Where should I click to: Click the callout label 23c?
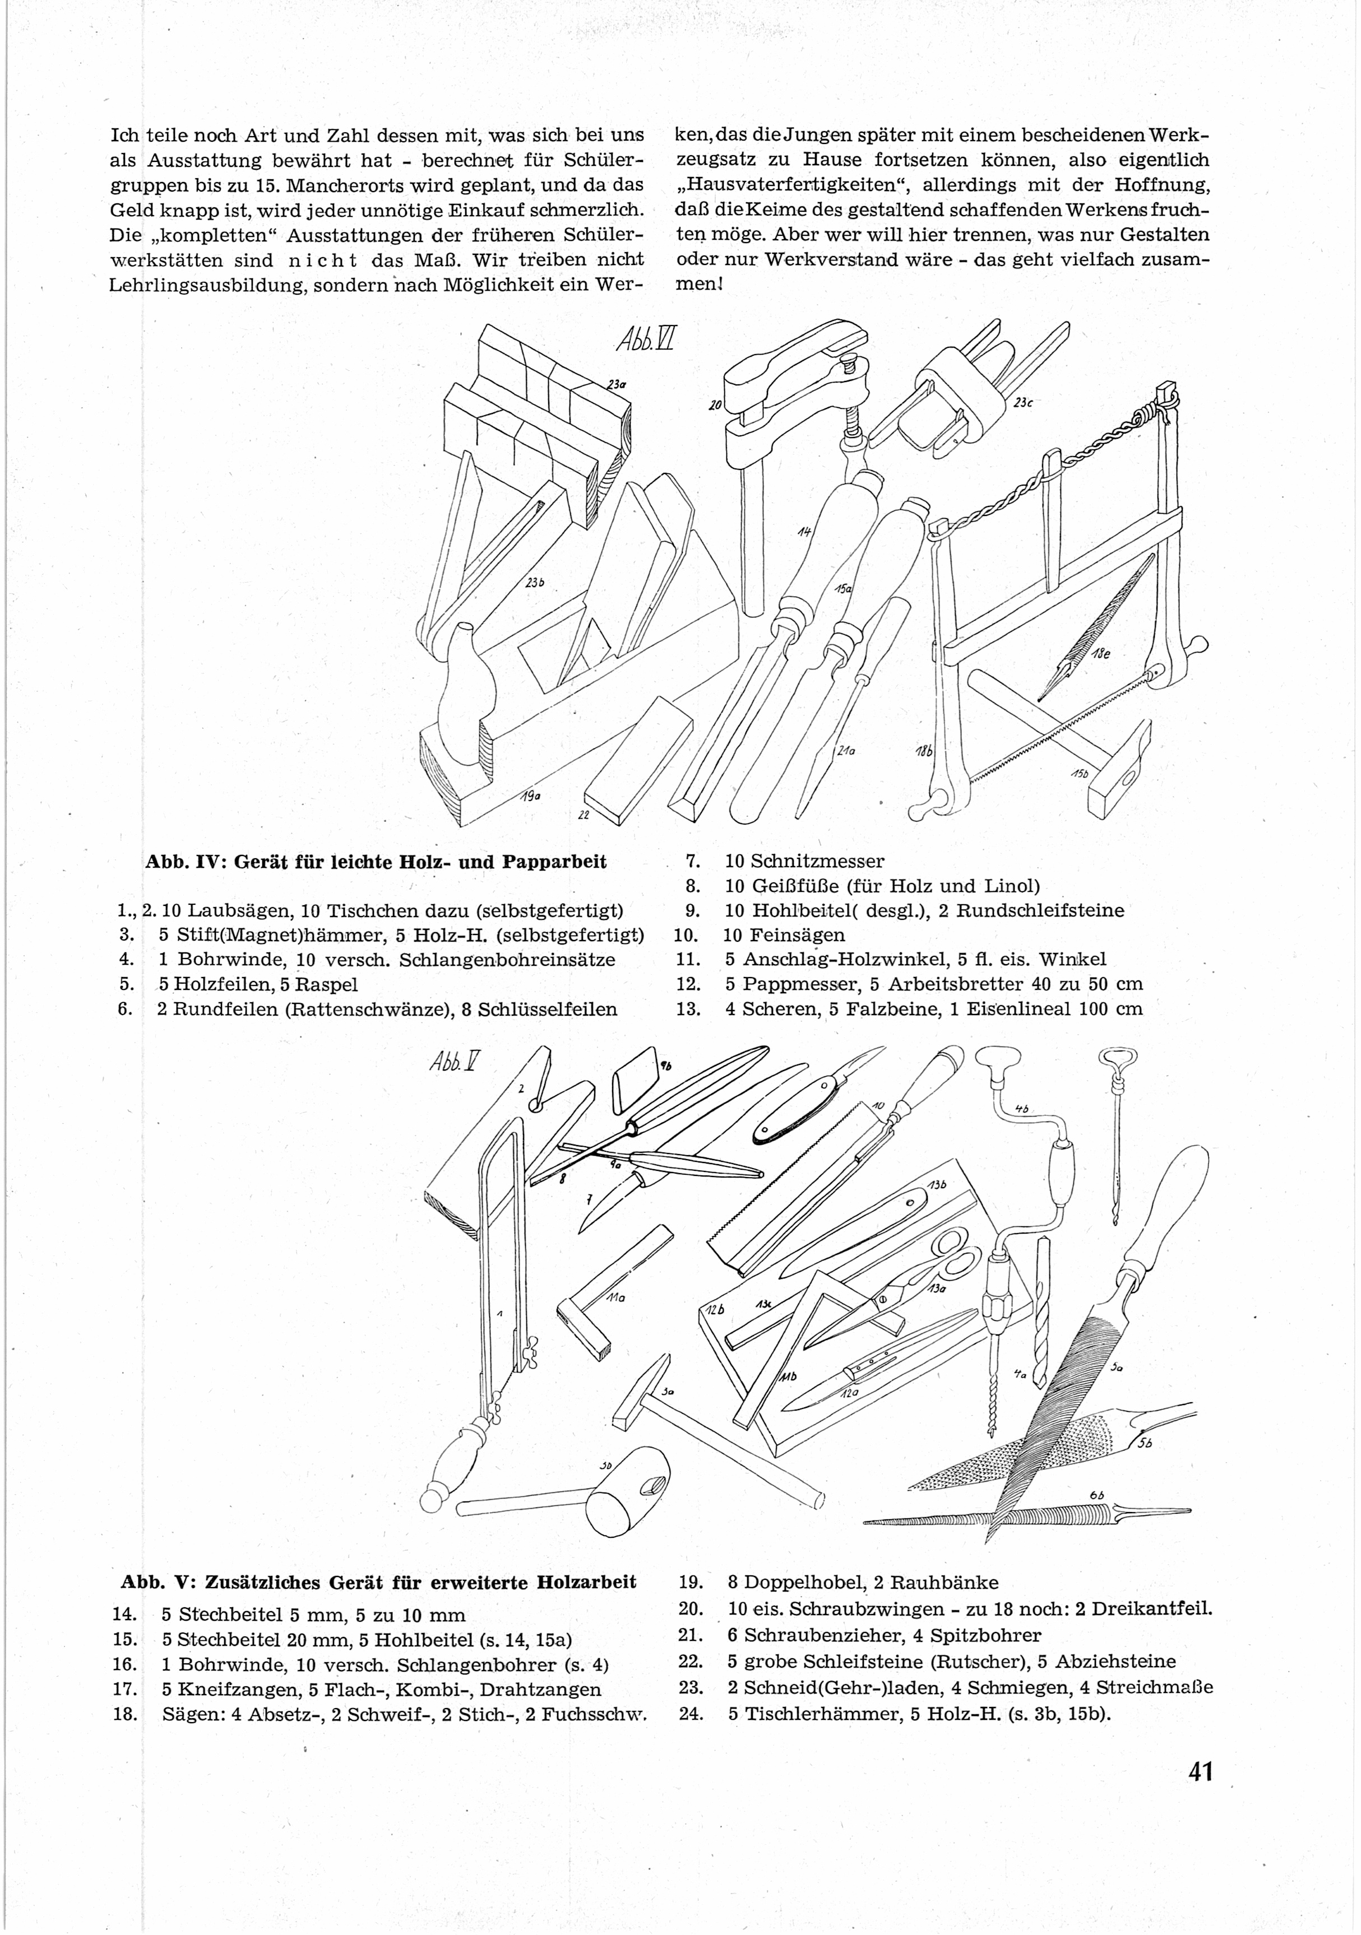[x=1023, y=403]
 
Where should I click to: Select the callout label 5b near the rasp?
[x=1144, y=1443]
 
